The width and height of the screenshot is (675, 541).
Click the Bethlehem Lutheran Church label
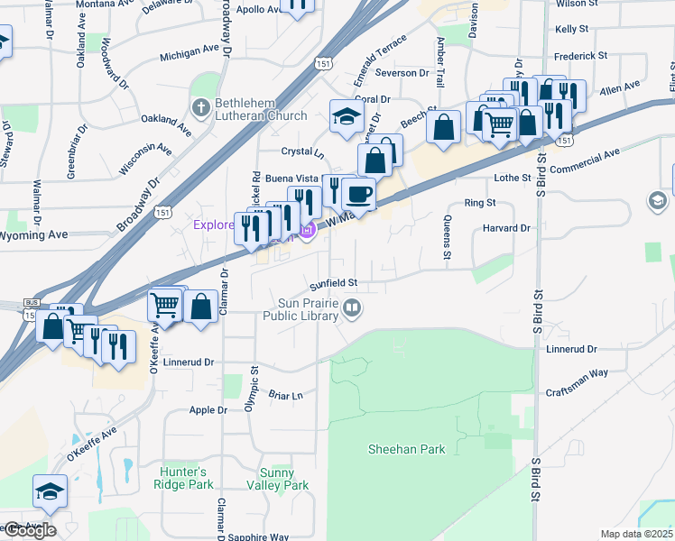(x=261, y=108)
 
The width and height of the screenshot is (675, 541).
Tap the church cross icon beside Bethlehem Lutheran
(x=201, y=108)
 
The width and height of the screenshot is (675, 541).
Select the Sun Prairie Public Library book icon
(x=352, y=309)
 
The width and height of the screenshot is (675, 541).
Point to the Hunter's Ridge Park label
(x=183, y=478)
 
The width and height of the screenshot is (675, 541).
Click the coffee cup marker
(x=358, y=194)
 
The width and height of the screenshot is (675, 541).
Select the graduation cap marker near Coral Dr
(x=347, y=116)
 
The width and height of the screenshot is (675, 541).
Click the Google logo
(x=30, y=530)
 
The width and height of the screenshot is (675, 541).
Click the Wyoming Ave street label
(x=33, y=235)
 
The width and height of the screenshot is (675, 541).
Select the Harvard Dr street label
(x=507, y=228)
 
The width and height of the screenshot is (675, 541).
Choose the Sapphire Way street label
(x=258, y=536)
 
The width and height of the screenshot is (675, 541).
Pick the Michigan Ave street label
(x=190, y=55)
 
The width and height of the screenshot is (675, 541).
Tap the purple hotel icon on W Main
(x=307, y=231)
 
